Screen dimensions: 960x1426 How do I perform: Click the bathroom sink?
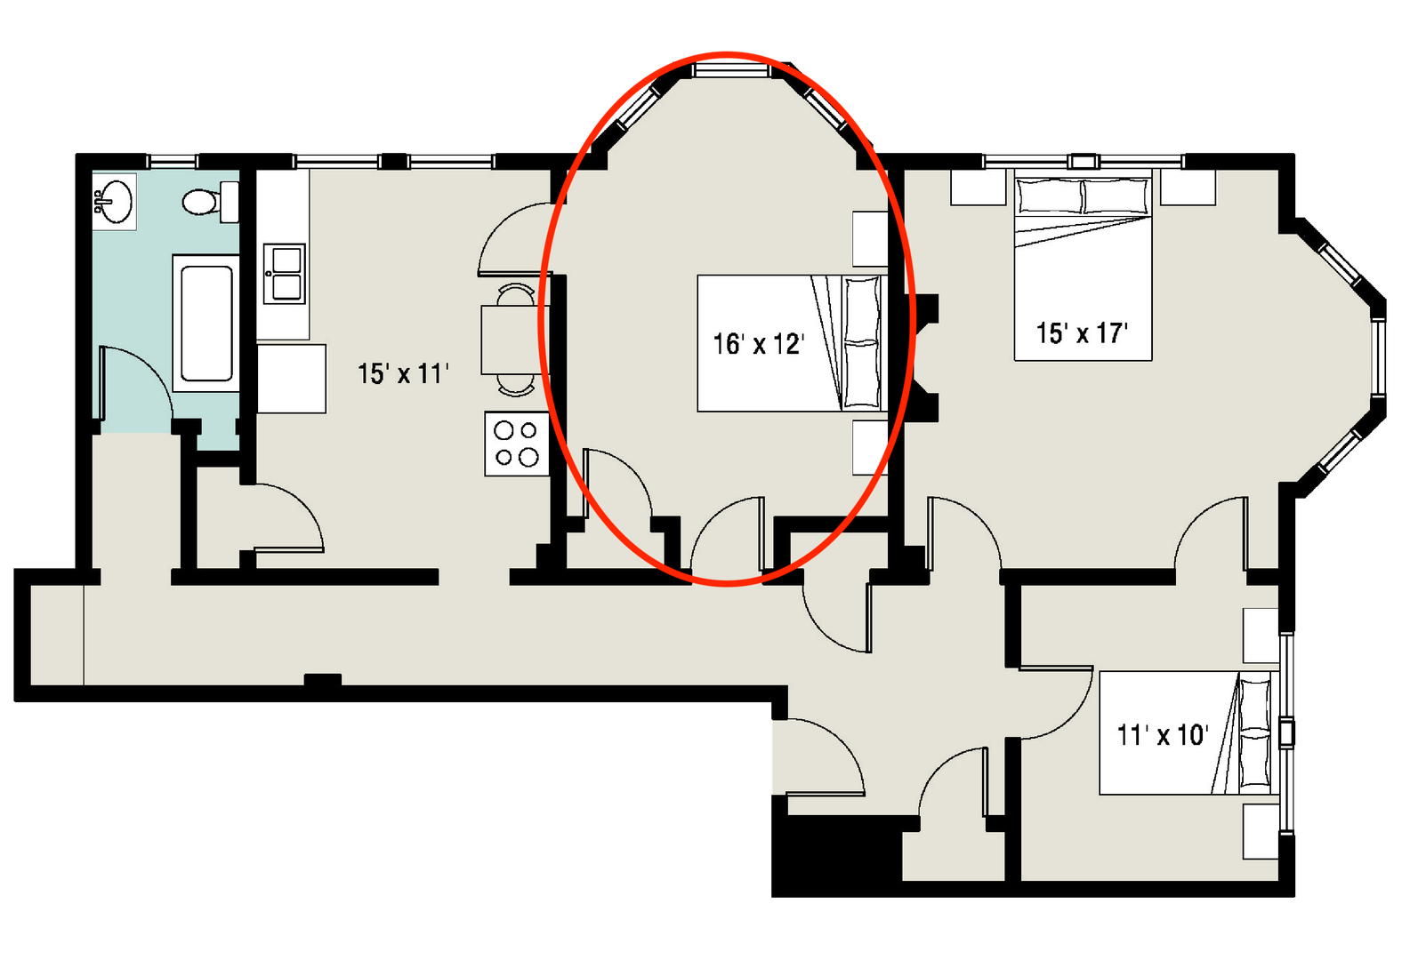point(114,201)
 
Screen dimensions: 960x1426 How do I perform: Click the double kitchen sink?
point(284,274)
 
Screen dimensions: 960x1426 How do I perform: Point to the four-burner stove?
point(517,444)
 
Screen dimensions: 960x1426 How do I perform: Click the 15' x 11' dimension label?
point(403,374)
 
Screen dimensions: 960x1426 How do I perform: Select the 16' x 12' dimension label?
point(758,344)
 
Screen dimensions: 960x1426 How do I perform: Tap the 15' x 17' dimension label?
point(1082,333)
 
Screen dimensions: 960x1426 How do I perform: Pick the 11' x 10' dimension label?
point(1162,735)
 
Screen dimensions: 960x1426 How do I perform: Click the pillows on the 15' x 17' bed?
point(1084,196)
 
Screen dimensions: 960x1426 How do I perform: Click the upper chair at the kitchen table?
point(517,294)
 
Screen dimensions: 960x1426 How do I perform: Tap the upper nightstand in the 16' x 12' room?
point(870,238)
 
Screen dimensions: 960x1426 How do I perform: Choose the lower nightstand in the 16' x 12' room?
point(870,447)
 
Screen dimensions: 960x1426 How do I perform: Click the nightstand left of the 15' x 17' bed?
point(978,188)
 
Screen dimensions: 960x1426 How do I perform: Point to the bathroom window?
point(173,162)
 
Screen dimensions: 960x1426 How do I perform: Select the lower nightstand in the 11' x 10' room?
point(1260,831)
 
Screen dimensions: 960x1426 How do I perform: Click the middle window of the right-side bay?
point(1378,356)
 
